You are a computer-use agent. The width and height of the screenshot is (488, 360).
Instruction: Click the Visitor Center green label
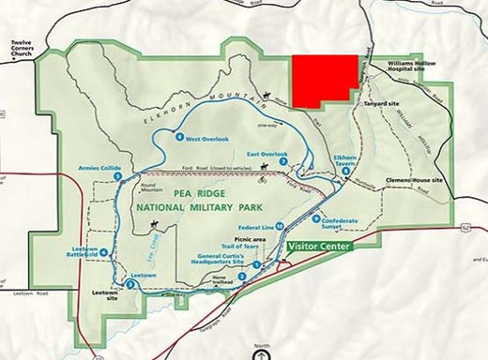(319, 246)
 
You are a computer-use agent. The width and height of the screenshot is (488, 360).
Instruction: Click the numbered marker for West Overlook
(179, 139)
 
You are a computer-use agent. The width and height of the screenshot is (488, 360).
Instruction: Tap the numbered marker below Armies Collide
(117, 176)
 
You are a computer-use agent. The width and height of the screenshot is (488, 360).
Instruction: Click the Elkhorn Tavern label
(345, 161)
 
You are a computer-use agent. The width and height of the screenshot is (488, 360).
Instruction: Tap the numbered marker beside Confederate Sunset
(316, 218)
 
